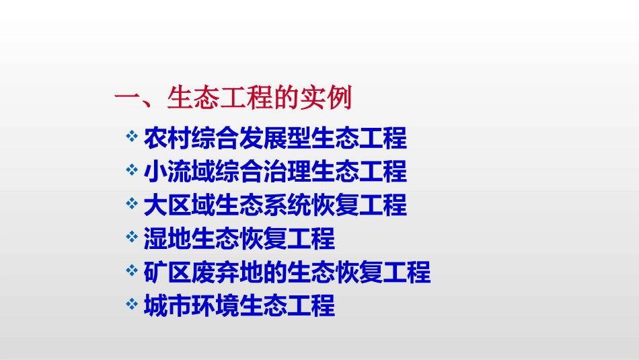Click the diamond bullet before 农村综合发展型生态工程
(132, 137)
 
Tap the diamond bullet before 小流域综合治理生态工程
(132, 170)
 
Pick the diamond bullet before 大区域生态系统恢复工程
(132, 203)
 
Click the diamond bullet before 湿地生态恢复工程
(132, 237)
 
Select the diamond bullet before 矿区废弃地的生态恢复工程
(132, 271)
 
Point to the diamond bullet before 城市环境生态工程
(132, 304)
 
